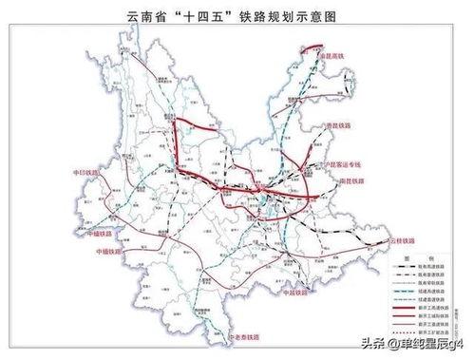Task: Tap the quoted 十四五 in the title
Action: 210,16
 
